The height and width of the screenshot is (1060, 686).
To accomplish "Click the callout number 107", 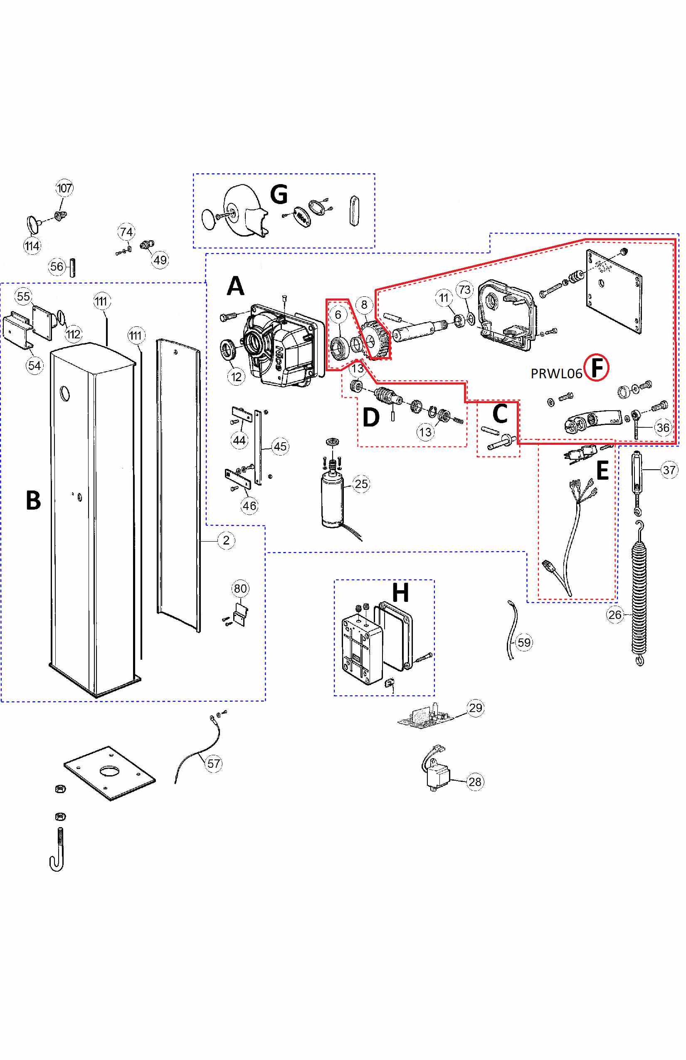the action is (64, 188).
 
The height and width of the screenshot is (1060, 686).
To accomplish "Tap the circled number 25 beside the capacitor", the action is (361, 484).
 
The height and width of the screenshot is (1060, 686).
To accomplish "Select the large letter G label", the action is (279, 194).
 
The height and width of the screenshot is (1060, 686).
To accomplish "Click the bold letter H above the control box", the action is (400, 593).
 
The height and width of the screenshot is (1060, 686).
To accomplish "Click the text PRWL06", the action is (556, 374).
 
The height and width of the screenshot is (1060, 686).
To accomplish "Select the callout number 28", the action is (475, 781).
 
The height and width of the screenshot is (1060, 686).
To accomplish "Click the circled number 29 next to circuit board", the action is (475, 707).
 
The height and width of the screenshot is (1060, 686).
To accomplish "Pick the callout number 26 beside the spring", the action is (615, 615).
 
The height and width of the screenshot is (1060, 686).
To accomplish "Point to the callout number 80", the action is (240, 588).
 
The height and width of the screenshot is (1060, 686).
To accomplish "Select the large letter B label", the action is (33, 500).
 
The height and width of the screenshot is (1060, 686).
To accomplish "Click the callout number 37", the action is (669, 470).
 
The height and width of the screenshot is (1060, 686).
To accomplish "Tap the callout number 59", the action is (524, 642).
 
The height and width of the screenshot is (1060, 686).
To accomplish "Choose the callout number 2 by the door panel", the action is (226, 540).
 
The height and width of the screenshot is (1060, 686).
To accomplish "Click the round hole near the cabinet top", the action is (65, 393).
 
